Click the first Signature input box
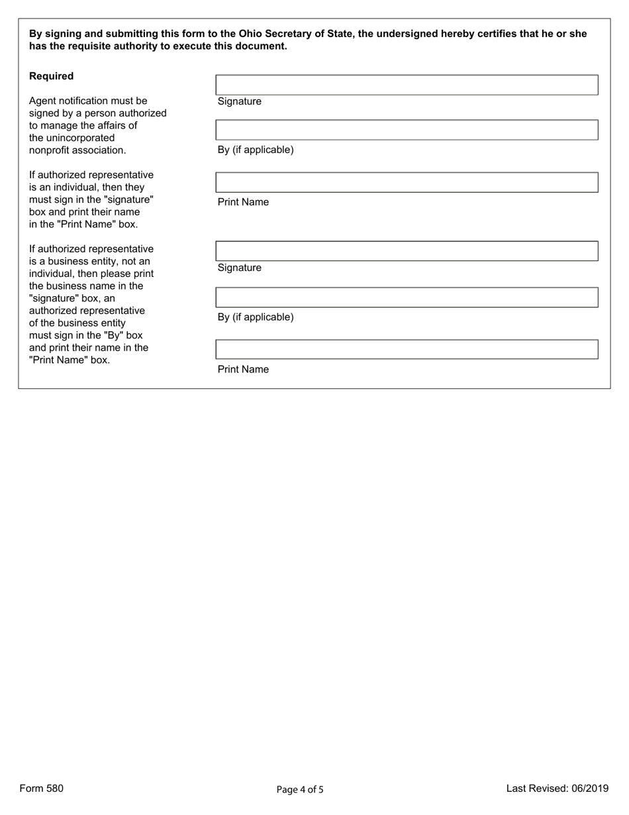[x=407, y=85]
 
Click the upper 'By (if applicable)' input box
[x=407, y=130]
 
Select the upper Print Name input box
[x=407, y=182]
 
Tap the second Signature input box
[x=407, y=251]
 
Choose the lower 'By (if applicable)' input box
[x=407, y=298]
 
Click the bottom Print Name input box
[x=407, y=349]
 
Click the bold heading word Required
[x=51, y=76]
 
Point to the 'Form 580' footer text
[x=42, y=788]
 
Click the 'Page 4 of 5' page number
[x=300, y=789]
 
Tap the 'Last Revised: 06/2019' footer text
[x=557, y=788]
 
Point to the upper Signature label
[x=239, y=101]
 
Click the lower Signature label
[x=239, y=268]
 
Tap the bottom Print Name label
[x=243, y=370]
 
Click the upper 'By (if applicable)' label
[x=256, y=150]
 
